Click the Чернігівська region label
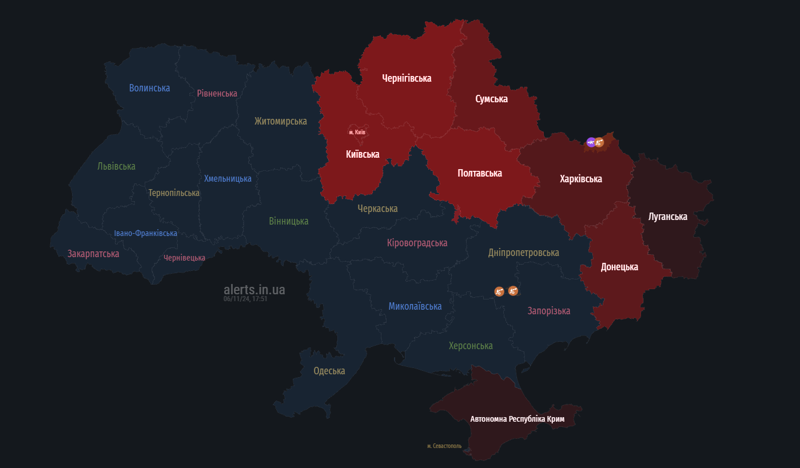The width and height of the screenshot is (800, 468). (x=407, y=78)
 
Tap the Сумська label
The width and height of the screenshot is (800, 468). (x=491, y=99)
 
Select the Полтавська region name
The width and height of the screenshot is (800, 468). (x=480, y=173)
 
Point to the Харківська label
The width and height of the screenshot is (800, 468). (x=580, y=179)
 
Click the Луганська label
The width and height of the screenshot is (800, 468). (x=667, y=217)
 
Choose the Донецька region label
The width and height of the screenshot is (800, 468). (x=619, y=267)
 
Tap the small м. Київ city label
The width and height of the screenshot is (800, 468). (x=357, y=132)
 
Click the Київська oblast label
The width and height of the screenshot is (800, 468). (x=363, y=154)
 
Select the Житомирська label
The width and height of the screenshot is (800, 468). (x=280, y=121)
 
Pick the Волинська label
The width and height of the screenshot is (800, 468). (x=149, y=88)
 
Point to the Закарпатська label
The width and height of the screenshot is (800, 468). (x=93, y=253)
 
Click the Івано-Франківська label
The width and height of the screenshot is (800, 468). (x=145, y=233)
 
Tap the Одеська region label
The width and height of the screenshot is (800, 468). (x=329, y=371)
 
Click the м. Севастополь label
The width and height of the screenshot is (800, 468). (x=444, y=446)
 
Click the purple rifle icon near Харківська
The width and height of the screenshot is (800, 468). (x=591, y=142)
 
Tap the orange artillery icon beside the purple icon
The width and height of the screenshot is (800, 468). (x=599, y=142)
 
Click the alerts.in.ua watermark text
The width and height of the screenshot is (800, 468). (x=254, y=289)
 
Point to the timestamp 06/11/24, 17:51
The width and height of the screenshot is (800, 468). (x=245, y=298)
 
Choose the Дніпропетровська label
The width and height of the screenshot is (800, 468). (x=523, y=253)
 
